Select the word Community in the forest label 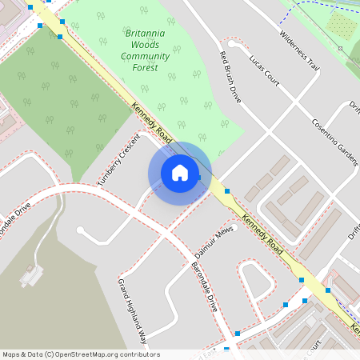tap(145, 56)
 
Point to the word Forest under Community tap(145, 67)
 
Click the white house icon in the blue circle tap(180, 173)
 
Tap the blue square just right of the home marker tap(228, 191)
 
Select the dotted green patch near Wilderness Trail tap(341, 24)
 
